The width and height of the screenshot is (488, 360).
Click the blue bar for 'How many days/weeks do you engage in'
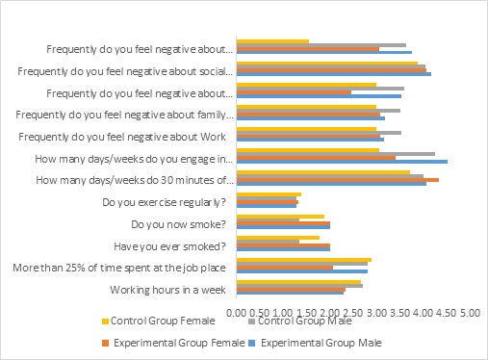click(342, 162)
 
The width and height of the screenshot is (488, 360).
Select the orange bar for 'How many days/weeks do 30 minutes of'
click(338, 180)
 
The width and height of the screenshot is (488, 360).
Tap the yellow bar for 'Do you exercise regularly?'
click(269, 194)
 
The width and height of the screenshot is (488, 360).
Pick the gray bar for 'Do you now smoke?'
click(268, 220)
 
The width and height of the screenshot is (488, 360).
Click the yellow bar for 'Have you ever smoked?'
click(278, 238)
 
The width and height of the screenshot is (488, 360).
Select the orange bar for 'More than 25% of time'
click(285, 268)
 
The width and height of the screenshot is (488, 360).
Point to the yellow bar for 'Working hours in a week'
click(298, 282)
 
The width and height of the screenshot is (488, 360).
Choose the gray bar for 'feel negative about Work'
click(319, 133)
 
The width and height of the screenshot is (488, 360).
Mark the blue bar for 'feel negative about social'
click(334, 74)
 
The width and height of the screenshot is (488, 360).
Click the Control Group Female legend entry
click(159, 321)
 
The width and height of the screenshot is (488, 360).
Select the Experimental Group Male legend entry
click(316, 343)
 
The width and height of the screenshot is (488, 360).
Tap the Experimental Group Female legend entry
click(173, 343)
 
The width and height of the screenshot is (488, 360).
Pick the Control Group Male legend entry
click(300, 321)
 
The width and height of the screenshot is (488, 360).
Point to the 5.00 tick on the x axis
click(470, 313)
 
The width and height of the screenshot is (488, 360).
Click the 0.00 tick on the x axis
click(237, 313)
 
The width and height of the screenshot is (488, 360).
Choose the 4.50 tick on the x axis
click(447, 313)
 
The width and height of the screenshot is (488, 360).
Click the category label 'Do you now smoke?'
click(178, 224)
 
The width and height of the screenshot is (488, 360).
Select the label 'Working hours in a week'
click(167, 290)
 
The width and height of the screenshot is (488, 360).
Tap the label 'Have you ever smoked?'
click(169, 246)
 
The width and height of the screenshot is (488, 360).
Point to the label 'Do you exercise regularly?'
click(164, 202)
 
